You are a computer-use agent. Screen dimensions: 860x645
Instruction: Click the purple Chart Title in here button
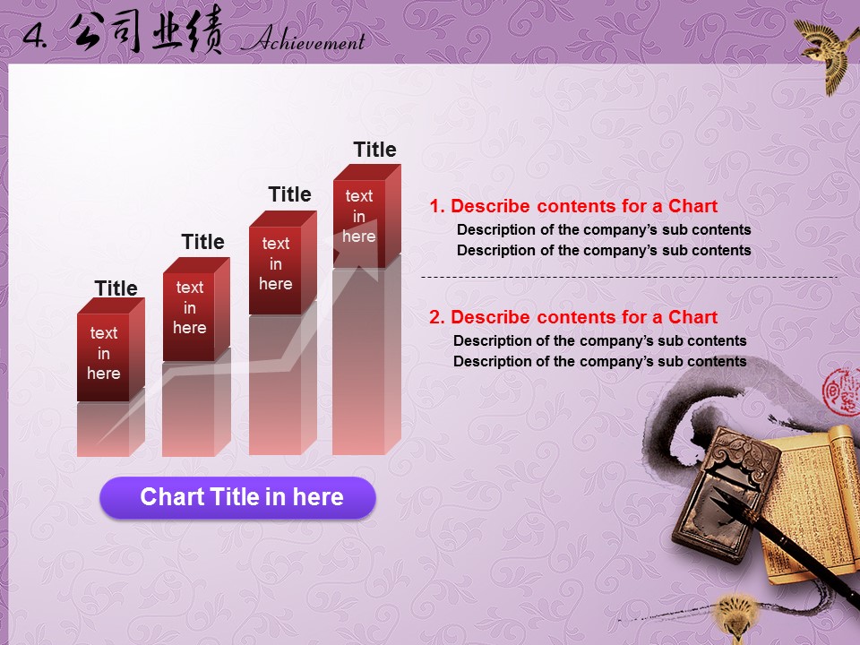(237, 497)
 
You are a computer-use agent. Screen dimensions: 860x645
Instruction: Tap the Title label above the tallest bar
(374, 150)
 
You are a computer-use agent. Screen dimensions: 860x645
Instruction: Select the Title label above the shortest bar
(116, 288)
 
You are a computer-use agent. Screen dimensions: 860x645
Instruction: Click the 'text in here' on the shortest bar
(104, 353)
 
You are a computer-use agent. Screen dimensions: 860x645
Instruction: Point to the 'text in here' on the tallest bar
(359, 216)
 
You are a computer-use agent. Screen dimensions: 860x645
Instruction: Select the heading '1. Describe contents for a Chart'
(573, 206)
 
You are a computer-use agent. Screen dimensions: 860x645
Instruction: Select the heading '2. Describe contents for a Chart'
(573, 317)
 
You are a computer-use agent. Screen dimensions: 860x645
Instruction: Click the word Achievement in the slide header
(304, 39)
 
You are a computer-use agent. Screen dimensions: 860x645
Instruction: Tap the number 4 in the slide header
(35, 36)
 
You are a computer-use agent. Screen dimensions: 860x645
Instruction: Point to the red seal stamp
(842, 391)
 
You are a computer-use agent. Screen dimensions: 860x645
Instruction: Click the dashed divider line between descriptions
(629, 278)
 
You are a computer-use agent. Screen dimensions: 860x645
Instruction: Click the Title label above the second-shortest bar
(203, 242)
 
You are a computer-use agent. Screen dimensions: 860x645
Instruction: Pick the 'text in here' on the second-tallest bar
(276, 263)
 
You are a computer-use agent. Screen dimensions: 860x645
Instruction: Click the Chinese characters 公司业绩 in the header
(146, 31)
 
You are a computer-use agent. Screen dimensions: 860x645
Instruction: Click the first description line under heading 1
(604, 230)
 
